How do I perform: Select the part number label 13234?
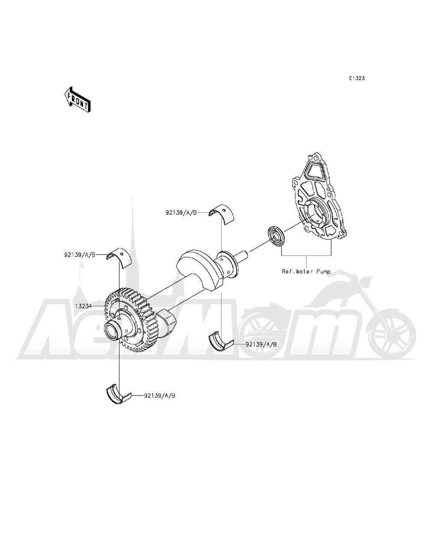(x=84, y=306)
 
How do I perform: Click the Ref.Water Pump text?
(x=306, y=271)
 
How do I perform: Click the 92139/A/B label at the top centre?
(x=181, y=212)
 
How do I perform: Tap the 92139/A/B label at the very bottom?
(x=159, y=396)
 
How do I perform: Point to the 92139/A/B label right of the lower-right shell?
(x=261, y=344)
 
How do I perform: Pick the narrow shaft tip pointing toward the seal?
(x=247, y=255)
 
